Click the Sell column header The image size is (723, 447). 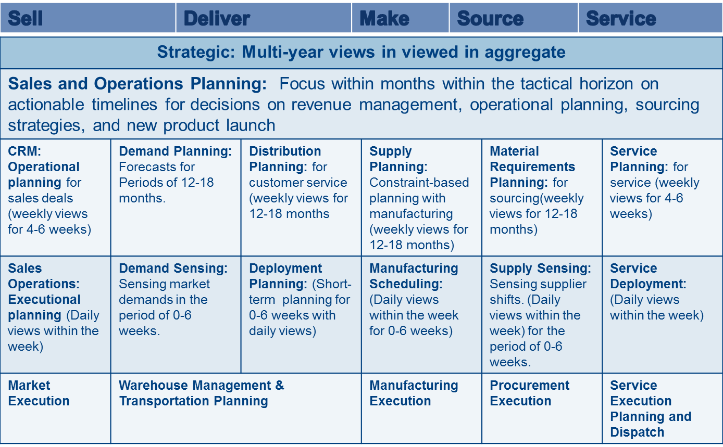point(25,18)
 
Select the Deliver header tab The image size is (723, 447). point(217,18)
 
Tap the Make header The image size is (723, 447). point(384,18)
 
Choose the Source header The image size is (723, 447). point(490,18)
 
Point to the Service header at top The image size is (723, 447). point(621,18)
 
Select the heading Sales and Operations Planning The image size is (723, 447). point(137,84)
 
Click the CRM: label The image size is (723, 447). point(24,151)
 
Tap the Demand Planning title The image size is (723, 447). point(175,151)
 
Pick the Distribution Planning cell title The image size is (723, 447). point(285,159)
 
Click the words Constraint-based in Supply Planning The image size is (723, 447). point(419,183)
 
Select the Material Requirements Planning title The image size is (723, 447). point(532,167)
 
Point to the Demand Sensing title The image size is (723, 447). point(173,269)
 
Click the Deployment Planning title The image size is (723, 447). point(285,276)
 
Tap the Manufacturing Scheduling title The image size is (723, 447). point(414,276)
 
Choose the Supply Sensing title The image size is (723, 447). point(540,269)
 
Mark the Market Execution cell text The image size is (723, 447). point(39,393)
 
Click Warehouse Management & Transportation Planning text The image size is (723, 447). point(202,393)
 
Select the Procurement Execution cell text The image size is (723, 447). point(530,393)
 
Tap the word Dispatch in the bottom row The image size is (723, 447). point(637,432)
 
